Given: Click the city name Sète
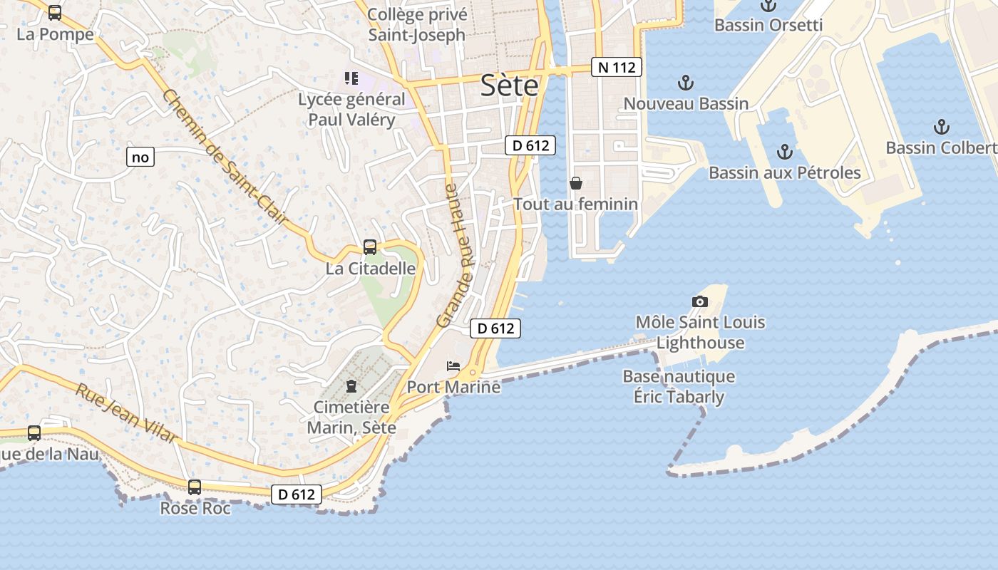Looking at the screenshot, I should pos(509,85).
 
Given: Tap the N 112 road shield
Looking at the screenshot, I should pos(617,68).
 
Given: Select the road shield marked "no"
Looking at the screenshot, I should pos(140,157).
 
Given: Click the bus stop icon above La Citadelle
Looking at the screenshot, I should pos(370,247).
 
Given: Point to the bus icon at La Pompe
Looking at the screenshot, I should pos(55,13).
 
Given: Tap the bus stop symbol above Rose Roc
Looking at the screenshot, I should pos(195,487).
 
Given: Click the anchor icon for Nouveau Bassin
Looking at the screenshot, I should pos(685,83).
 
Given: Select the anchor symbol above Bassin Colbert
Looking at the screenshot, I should pos(942,128).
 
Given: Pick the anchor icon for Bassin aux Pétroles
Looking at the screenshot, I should pos(785,152).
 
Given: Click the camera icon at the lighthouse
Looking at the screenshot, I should pos(700,301).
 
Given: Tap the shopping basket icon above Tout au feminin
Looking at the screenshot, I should pos(576,183).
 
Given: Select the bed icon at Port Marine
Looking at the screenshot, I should pos(453,366).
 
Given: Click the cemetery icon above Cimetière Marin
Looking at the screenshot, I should pos(351,386).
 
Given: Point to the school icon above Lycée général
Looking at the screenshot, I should pos(351,78).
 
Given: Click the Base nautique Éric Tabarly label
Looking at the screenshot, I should pos(679,387).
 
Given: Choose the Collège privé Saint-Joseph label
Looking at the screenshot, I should pos(416,24).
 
